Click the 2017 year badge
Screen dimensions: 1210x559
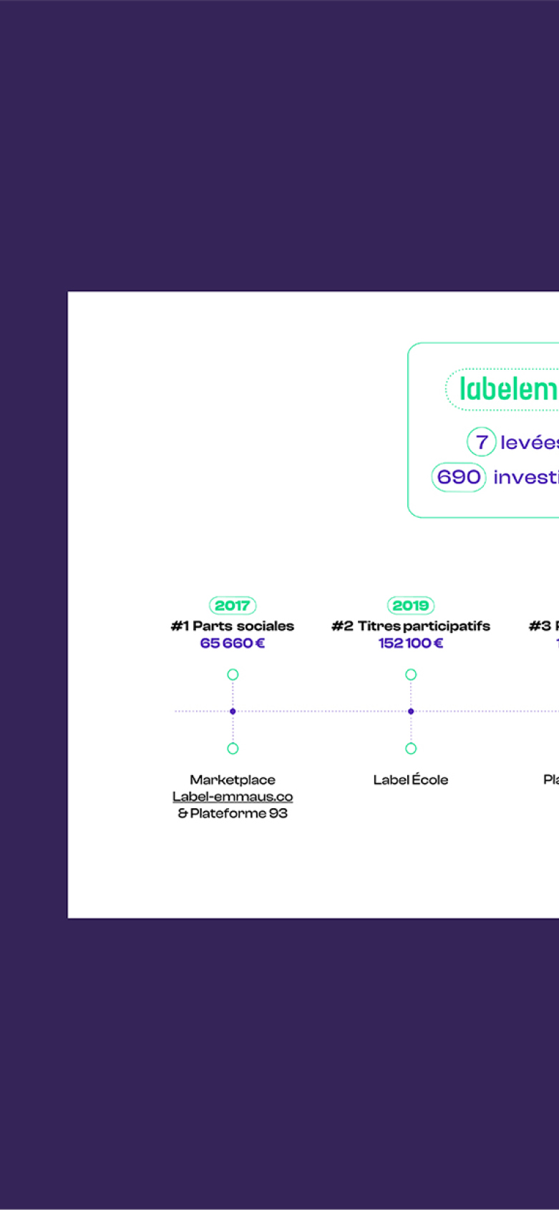tap(233, 606)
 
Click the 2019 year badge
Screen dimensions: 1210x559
tap(411, 606)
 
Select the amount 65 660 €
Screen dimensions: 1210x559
tap(233, 643)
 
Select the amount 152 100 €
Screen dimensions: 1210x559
tap(411, 643)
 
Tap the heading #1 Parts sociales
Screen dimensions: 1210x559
tap(233, 626)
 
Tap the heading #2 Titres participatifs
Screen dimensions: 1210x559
tap(411, 626)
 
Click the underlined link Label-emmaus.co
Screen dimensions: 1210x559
tap(233, 797)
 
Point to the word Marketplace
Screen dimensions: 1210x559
tap(233, 779)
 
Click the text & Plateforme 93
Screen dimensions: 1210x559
tap(233, 813)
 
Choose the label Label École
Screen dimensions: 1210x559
tap(411, 779)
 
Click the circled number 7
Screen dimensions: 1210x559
tap(482, 442)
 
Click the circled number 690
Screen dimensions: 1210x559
tap(459, 477)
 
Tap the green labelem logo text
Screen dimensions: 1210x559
tap(508, 390)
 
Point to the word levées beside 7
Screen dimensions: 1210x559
tap(529, 443)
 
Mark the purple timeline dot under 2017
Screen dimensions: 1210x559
tap(233, 712)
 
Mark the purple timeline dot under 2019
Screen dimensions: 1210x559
tap(411, 712)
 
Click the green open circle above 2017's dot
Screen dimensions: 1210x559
tap(233, 674)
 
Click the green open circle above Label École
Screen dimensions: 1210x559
tap(411, 749)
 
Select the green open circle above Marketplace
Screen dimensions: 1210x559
tap(233, 749)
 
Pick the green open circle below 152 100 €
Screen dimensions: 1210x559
tap(411, 674)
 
